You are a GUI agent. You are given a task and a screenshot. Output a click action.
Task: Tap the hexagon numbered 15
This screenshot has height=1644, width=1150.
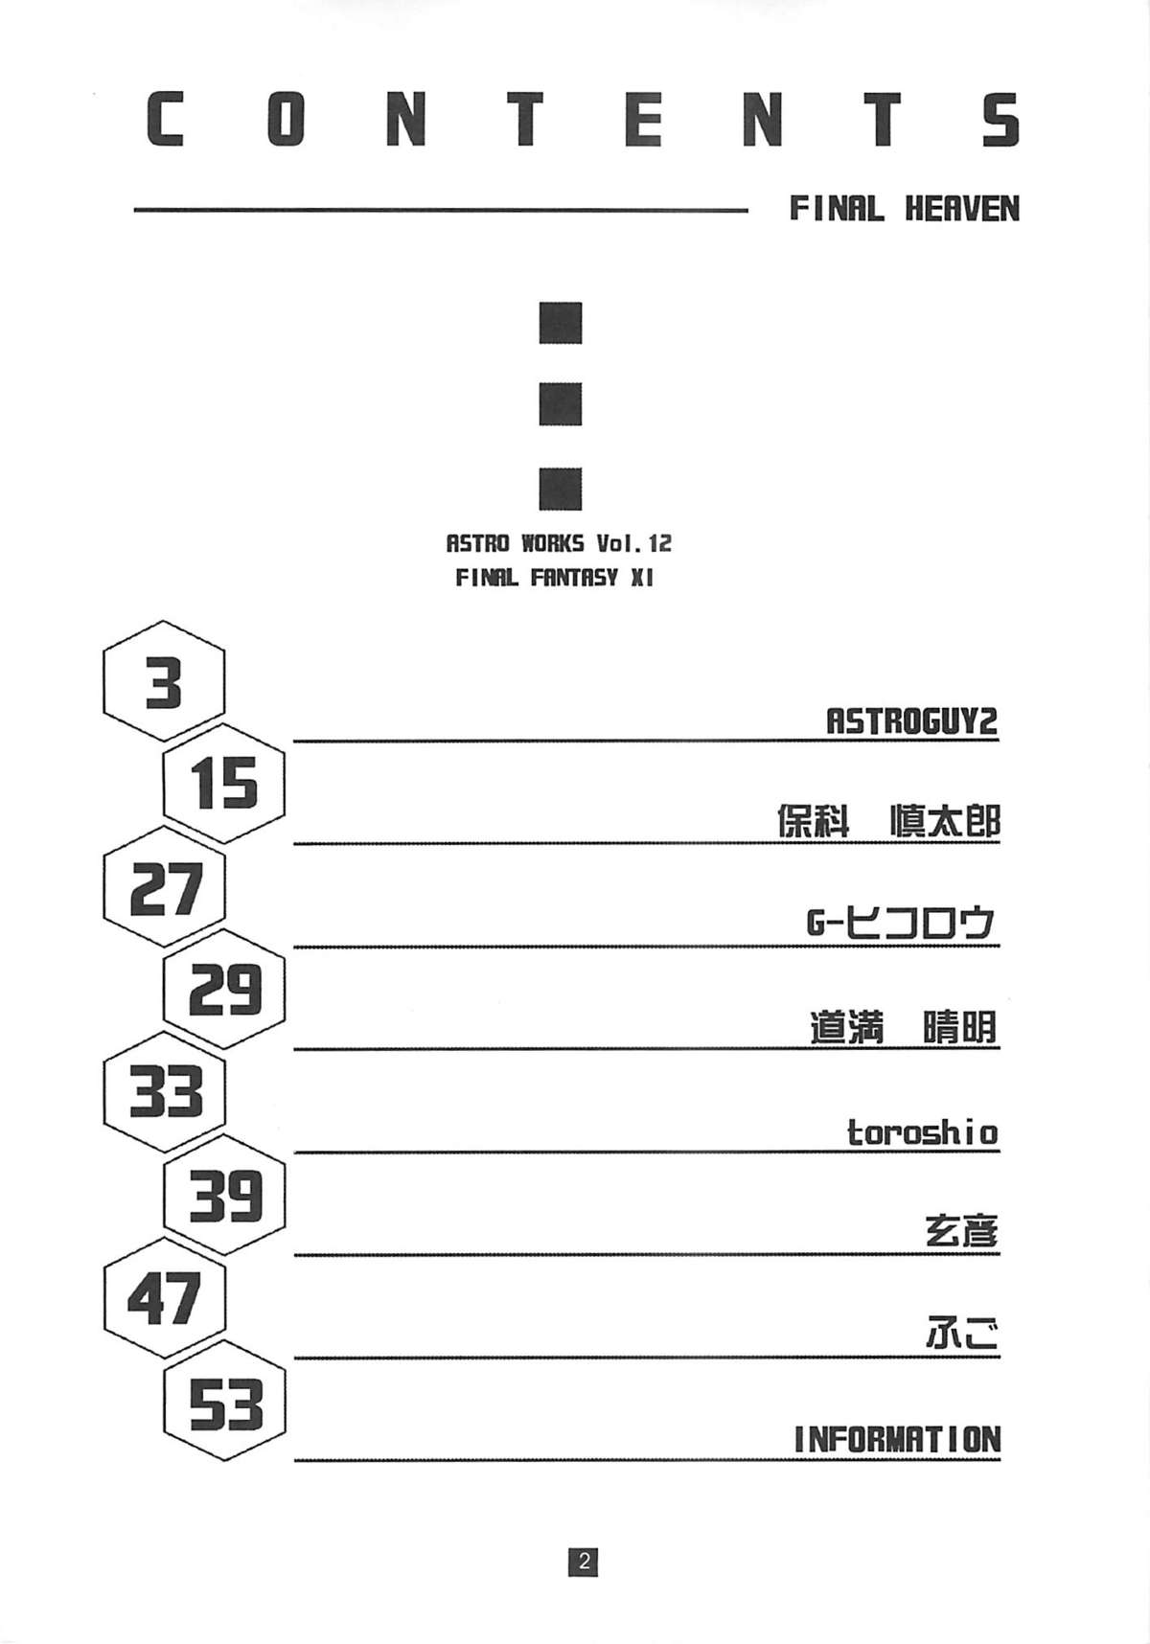pyautogui.click(x=224, y=784)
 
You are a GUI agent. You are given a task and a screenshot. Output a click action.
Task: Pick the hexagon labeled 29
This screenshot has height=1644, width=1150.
pyautogui.click(x=224, y=990)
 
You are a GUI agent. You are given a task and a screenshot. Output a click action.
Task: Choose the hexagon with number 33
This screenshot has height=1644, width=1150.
pyautogui.click(x=165, y=1092)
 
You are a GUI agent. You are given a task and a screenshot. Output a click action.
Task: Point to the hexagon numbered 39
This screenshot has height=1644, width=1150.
pyautogui.click(x=224, y=1196)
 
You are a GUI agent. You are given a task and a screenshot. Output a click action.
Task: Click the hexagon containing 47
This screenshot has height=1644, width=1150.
pyautogui.click(x=165, y=1298)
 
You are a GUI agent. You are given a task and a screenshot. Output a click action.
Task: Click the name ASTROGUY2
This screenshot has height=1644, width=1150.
pyautogui.click(x=911, y=720)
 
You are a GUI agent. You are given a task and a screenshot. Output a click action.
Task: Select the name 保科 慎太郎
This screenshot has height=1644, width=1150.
pyautogui.click(x=888, y=822)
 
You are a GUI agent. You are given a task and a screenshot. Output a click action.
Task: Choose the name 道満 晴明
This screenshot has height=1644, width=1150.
pyautogui.click(x=903, y=1028)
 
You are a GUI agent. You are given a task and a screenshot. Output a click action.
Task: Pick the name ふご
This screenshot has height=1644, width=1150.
pyautogui.click(x=961, y=1336)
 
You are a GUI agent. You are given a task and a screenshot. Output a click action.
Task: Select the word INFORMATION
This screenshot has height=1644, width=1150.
pyautogui.click(x=897, y=1439)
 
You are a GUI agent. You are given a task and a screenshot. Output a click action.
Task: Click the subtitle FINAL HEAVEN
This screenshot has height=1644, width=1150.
pyautogui.click(x=904, y=209)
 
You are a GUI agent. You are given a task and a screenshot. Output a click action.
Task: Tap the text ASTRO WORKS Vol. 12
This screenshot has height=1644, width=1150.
pyautogui.click(x=559, y=543)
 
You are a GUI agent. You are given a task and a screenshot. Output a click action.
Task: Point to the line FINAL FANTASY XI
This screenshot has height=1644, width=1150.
pyautogui.click(x=554, y=579)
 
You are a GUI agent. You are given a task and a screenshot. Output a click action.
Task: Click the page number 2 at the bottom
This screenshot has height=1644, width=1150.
pyautogui.click(x=583, y=1563)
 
